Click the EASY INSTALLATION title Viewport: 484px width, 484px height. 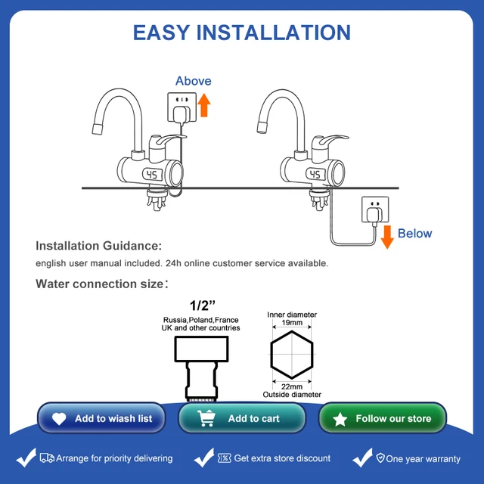coord(242,33)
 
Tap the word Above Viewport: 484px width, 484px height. coord(194,81)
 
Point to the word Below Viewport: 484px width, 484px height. coord(415,234)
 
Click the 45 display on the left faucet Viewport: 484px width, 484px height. coord(153,175)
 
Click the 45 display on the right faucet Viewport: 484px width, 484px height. coord(316,175)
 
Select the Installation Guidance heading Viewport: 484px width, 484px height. coord(98,246)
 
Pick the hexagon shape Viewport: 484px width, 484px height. coord(291,355)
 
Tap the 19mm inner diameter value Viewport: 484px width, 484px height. coord(292,324)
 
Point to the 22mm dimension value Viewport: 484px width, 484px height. coord(292,386)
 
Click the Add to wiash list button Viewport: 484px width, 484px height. coord(101,418)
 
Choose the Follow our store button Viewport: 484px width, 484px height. coord(383,418)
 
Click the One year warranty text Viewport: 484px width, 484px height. coord(422,458)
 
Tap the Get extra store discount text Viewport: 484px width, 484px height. coord(281,458)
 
